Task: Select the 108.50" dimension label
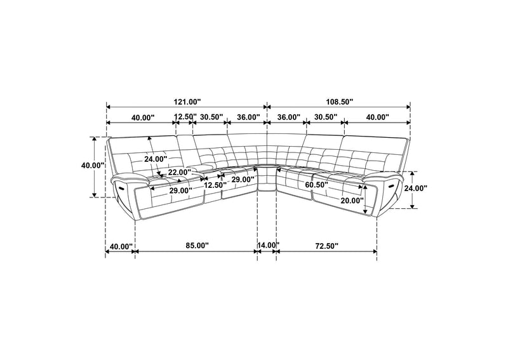pyautogui.click(x=338, y=102)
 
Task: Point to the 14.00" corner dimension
pyautogui.click(x=268, y=245)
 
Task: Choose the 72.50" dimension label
pyautogui.click(x=326, y=246)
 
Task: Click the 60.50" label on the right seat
pyautogui.click(x=316, y=185)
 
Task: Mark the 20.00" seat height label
pyautogui.click(x=352, y=201)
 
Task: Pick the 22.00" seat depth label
pyautogui.click(x=180, y=173)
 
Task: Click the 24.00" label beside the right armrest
pyautogui.click(x=415, y=188)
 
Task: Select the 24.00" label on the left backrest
pyautogui.click(x=156, y=159)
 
